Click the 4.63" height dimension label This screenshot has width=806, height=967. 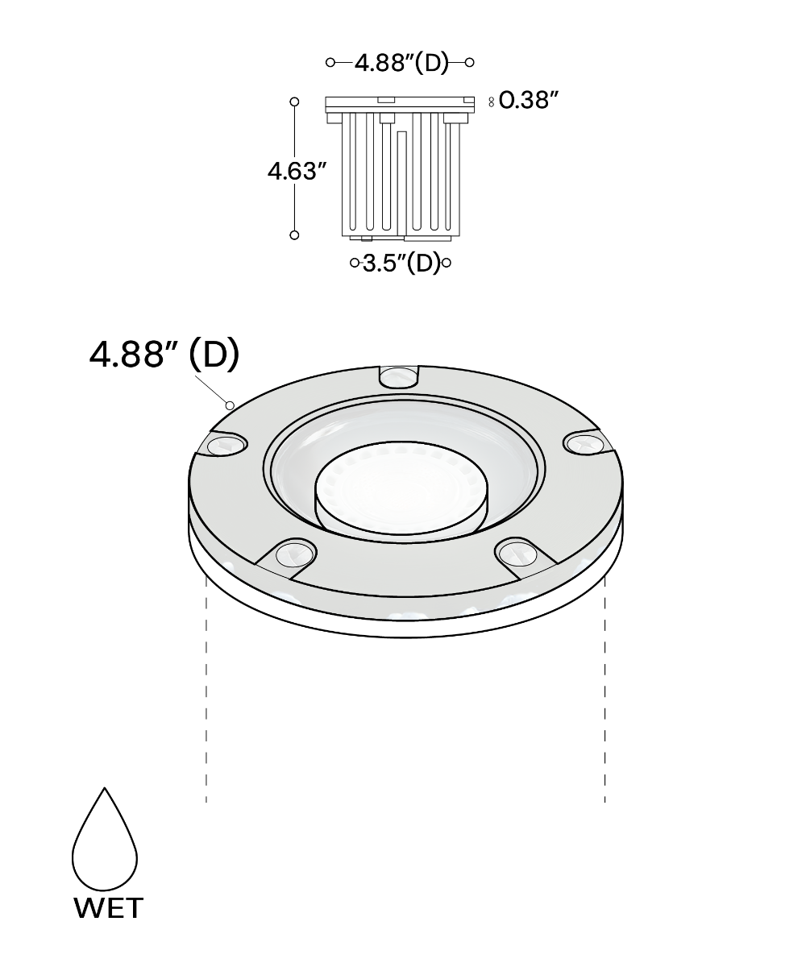point(297,171)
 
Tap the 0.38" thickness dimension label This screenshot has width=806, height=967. point(529,100)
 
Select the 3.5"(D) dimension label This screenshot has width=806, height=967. point(401,263)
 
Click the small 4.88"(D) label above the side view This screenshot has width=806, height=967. point(401,63)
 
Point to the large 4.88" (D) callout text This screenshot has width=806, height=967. point(164,355)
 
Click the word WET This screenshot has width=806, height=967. point(108,908)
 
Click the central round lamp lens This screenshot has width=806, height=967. point(401,488)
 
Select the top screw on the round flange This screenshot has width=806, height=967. point(399,377)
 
